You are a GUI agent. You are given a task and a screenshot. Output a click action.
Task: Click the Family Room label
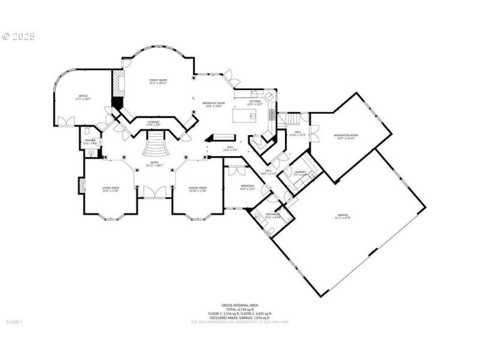[158, 81]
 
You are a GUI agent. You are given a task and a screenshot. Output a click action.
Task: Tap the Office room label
[82, 98]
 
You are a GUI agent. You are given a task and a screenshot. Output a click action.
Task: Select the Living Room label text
[110, 190]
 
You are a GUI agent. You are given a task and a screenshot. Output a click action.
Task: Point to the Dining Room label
[197, 190]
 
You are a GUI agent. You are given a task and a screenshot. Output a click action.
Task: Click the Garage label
[343, 216]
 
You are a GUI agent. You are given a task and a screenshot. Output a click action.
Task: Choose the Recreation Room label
[346, 136]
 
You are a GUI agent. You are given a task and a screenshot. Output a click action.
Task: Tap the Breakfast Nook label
[214, 105]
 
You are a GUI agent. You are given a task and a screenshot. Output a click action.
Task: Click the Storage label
[153, 123]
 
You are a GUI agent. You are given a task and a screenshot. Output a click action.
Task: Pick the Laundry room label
[301, 173]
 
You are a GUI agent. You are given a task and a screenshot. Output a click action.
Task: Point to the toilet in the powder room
[88, 131]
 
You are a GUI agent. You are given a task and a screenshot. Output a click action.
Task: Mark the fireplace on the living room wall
[79, 186]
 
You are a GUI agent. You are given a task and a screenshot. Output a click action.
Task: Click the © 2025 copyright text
[19, 37]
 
